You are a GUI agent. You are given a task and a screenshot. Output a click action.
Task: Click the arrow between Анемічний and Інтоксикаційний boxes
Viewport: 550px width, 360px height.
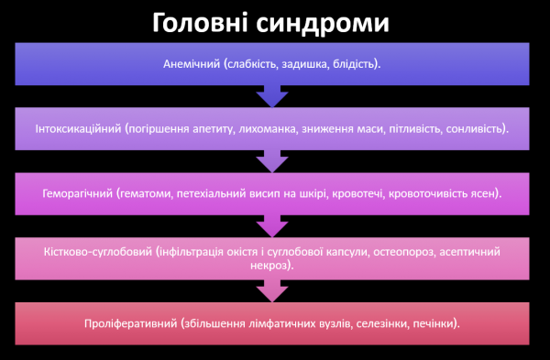click(x=272, y=96)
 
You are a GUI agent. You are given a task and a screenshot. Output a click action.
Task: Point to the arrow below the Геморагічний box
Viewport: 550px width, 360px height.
click(x=272, y=224)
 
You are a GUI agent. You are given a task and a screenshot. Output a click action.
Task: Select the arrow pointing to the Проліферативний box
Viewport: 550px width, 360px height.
click(x=272, y=290)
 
